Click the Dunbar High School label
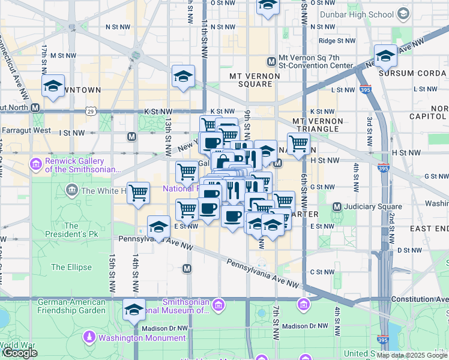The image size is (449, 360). tap(365, 14)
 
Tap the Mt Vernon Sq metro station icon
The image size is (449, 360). tap(271, 61)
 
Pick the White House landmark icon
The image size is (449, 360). tap(72, 191)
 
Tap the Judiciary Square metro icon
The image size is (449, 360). tap(337, 207)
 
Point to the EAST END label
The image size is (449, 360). tap(429, 229)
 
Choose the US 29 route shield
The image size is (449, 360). tap(90, 111)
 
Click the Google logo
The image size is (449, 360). tap(20, 353)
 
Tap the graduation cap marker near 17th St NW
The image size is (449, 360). tap(53, 85)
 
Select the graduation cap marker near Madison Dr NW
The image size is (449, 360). tap(134, 310)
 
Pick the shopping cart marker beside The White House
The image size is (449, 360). tap(139, 193)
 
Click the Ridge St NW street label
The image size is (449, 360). tap(335, 41)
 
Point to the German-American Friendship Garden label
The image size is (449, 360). tap(71, 306)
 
